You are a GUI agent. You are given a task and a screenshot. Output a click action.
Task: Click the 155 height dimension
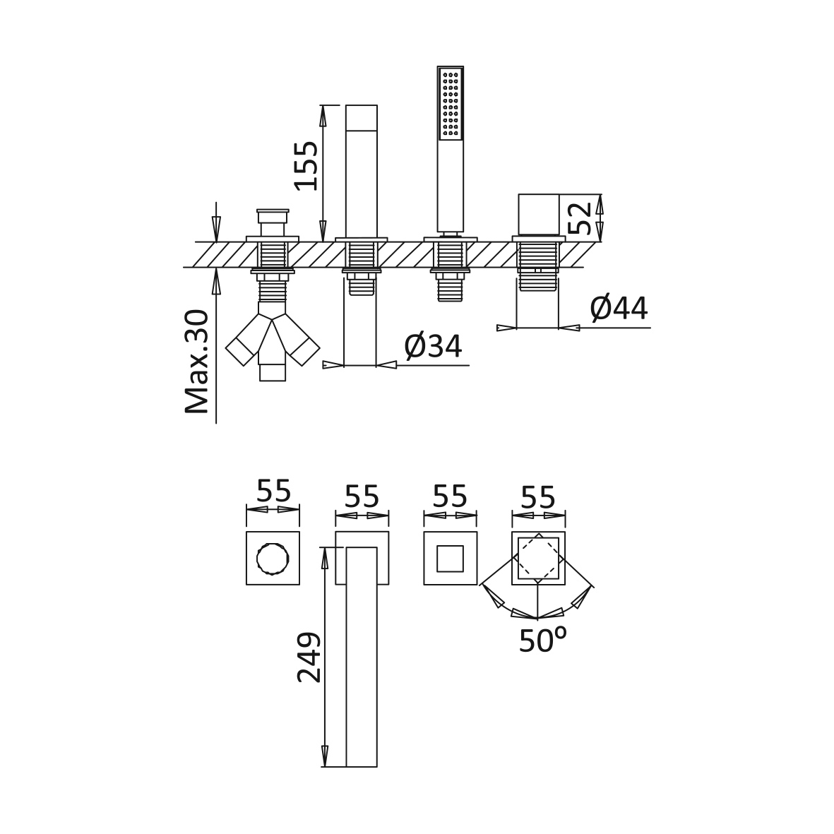tap(307, 165)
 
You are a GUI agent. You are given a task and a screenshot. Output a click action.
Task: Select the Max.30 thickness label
tap(196, 362)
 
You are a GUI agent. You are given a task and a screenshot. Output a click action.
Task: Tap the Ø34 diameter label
tap(433, 346)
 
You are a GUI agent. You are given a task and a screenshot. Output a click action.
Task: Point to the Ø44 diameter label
tap(619, 308)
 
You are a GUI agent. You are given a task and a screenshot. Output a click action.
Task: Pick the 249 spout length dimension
tap(309, 657)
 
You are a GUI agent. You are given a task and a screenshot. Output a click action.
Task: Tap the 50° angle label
tap(542, 639)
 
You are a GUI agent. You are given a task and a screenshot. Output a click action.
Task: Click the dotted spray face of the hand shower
tap(451, 104)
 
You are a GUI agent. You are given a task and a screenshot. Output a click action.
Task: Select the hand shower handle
tap(451, 186)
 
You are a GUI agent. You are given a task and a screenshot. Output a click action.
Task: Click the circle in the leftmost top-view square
tap(273, 559)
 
